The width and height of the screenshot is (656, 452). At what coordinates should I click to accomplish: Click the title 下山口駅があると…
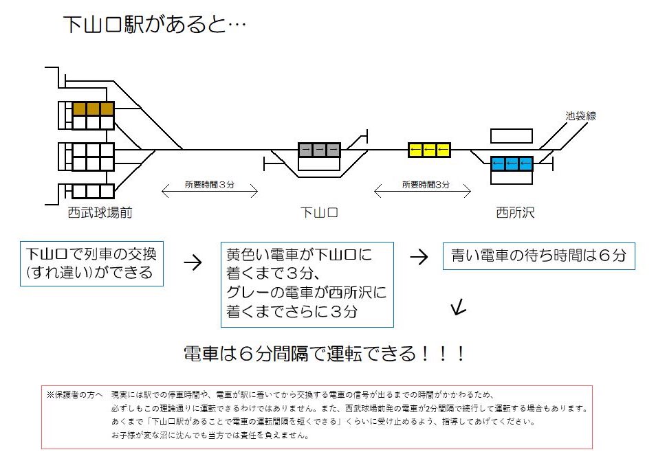pos(155,24)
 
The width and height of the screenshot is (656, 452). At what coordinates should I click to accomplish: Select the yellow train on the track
pos(429,150)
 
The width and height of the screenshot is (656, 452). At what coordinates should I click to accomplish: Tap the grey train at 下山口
pos(319,150)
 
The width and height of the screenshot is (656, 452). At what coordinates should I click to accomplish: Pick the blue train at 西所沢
pos(512,163)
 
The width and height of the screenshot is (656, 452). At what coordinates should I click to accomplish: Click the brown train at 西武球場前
pos(93,109)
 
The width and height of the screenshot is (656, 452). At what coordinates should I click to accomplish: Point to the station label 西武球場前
pos(100,213)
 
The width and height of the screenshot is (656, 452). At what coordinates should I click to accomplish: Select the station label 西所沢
pos(515,213)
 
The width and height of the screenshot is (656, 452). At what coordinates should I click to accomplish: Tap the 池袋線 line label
pos(580,117)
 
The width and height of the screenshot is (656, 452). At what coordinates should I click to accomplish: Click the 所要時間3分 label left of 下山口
pos(210,185)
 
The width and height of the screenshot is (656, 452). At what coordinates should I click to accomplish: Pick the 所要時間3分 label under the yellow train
pos(426,185)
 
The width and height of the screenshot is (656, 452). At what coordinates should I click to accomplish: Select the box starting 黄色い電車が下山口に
pos(306,284)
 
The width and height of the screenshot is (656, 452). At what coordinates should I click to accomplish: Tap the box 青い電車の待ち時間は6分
pos(538,256)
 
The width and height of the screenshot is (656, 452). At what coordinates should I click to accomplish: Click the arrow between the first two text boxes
pos(193,262)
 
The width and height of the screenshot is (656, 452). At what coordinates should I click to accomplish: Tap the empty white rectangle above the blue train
pos(512,136)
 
